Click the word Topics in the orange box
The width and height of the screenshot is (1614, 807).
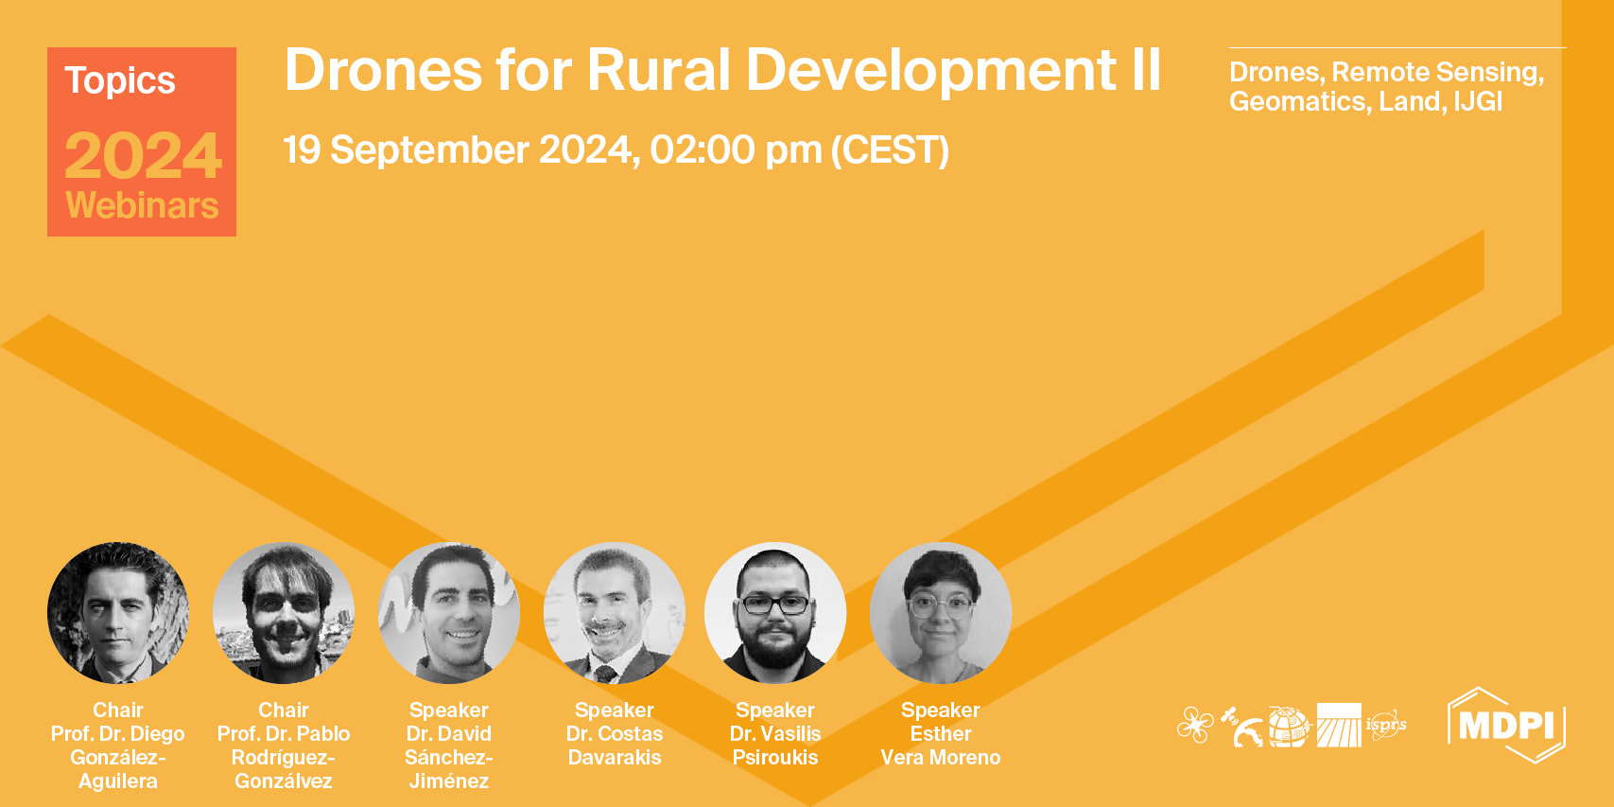point(120,81)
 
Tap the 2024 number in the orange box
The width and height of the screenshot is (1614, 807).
point(143,156)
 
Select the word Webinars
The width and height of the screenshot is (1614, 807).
point(142,205)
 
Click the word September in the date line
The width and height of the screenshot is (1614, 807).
point(429,150)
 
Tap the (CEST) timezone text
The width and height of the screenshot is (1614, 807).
point(889,150)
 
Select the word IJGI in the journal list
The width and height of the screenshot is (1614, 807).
point(1478,101)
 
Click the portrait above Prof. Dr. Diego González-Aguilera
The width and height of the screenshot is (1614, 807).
point(118,613)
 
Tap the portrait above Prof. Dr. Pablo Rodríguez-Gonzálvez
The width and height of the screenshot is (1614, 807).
point(284,613)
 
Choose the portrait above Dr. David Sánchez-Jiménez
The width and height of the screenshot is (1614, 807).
point(449,613)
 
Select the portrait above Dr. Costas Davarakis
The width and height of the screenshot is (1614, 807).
point(615,613)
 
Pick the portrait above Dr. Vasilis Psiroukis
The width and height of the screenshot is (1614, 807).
point(775,613)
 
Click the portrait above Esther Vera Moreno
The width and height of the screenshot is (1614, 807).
point(941,613)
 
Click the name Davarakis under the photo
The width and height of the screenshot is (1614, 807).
point(615,758)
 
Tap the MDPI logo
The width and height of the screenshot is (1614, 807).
point(1506,726)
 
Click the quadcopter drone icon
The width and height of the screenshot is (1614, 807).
point(1195,726)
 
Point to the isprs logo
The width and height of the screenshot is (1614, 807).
point(1386,726)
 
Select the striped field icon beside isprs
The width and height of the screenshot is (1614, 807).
point(1339,726)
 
